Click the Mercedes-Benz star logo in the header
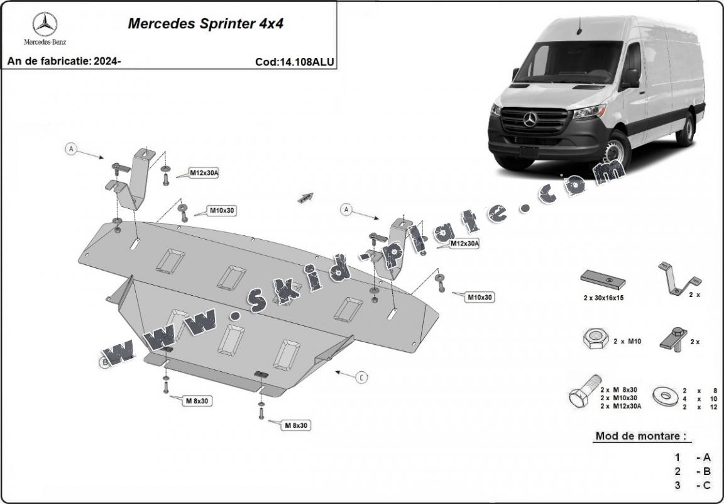(x=45, y=25)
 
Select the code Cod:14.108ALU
(x=295, y=62)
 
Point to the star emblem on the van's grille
(x=530, y=118)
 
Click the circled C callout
(x=362, y=377)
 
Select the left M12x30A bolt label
(x=204, y=173)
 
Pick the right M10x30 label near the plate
(x=480, y=296)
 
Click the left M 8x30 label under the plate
(x=197, y=400)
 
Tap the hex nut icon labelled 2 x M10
(x=593, y=340)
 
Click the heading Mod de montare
(x=640, y=435)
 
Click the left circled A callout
(x=72, y=149)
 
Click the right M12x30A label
(x=464, y=244)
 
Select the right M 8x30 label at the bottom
(x=296, y=425)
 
